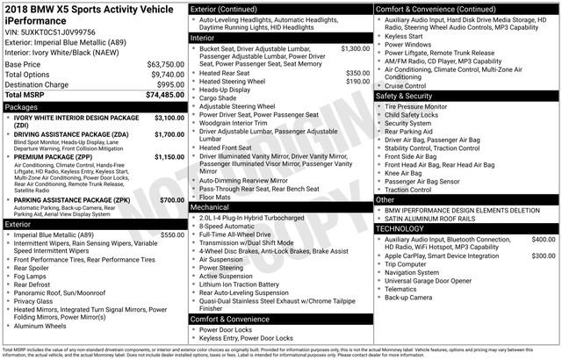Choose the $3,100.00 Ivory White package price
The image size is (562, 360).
163,117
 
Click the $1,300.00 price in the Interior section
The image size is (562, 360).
355,48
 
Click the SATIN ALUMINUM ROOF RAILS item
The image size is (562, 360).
438,219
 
